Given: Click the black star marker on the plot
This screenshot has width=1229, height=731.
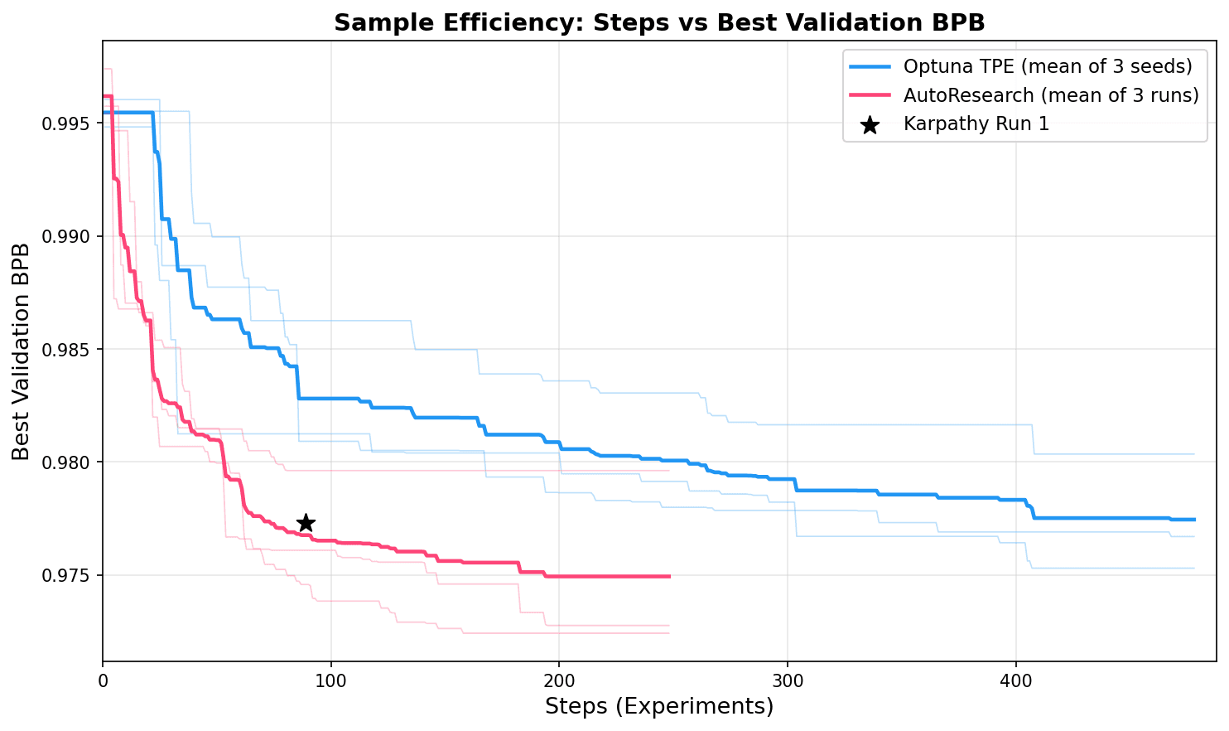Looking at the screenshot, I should tap(306, 523).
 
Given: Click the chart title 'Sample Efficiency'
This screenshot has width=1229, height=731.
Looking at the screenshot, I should tap(658, 23).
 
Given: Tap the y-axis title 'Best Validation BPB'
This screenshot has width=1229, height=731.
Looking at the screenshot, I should tap(22, 351).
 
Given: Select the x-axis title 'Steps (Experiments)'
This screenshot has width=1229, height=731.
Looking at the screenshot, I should tap(658, 707).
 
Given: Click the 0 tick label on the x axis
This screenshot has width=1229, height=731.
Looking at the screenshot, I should tap(103, 681).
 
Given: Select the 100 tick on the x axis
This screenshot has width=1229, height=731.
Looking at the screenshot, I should tap(331, 681).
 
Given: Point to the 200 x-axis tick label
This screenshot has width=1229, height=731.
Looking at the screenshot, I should tap(559, 681).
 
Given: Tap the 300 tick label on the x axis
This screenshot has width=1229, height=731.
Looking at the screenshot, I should tap(788, 681).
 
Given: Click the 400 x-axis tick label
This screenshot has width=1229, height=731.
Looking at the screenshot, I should tap(1016, 681).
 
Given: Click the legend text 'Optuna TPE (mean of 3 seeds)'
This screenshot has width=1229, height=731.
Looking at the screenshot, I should tap(1048, 66).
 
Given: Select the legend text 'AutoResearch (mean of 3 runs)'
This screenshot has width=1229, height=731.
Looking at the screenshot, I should tap(1051, 95).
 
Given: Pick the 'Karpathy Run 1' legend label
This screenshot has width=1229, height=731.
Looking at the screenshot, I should tap(976, 124).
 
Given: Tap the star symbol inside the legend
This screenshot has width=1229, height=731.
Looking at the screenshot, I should tap(870, 125).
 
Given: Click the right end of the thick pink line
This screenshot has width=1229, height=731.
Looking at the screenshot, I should tap(669, 576).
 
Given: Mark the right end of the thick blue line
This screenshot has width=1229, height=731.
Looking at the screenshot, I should tap(1194, 520).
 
